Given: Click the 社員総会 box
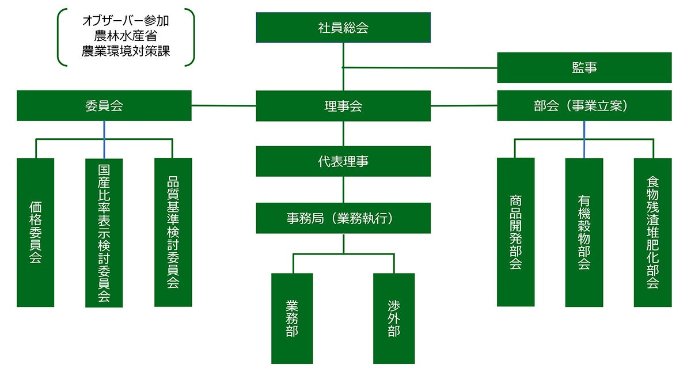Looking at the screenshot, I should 343,27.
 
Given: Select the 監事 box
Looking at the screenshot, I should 584,67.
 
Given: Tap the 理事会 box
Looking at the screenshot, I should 343,106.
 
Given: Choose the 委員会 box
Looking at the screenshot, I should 104,106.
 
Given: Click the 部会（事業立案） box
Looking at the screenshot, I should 584,106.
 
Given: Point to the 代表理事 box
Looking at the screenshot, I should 343,161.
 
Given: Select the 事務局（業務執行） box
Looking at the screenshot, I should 343,218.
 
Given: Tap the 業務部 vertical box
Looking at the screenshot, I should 292,318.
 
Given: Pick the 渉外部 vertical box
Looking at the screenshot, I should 394,318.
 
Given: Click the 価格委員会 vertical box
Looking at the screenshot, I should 35,232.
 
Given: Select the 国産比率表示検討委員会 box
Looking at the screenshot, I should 104,233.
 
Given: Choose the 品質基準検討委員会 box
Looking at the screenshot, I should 173,232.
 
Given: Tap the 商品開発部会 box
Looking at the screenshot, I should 515,232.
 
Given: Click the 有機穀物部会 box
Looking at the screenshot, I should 584,232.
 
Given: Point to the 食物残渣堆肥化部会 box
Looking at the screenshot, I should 652,232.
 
